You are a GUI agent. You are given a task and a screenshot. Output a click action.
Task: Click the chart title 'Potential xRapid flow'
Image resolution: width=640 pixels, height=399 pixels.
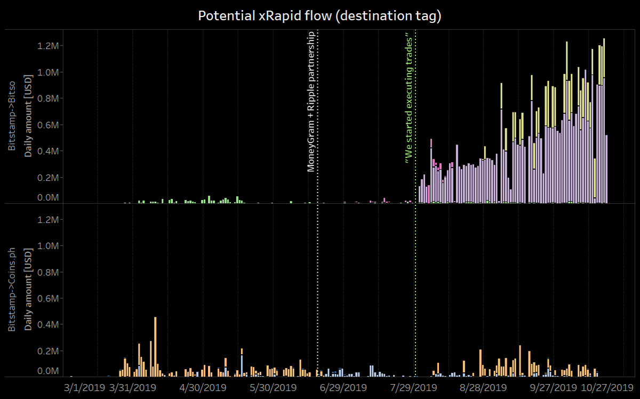click(319, 16)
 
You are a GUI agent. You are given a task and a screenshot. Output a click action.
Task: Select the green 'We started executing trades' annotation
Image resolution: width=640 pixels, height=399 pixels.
click(409, 98)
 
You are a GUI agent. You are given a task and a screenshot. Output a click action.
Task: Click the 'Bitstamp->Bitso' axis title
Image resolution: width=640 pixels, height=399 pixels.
click(12, 116)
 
